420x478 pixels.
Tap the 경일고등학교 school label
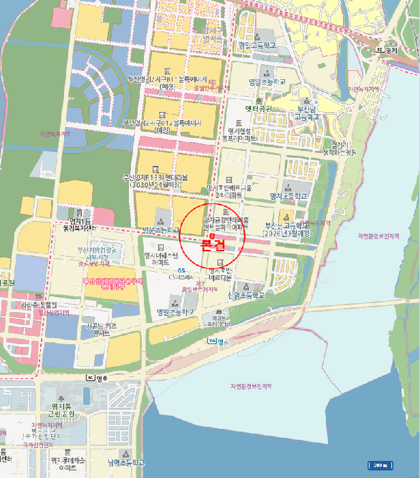(x=257, y=46)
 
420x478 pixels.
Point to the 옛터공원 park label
(x=258, y=109)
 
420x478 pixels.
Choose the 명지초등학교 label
(x=288, y=196)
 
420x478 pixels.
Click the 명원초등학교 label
(x=175, y=312)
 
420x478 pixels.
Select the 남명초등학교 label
(x=126, y=462)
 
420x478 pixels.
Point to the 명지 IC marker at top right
(x=387, y=50)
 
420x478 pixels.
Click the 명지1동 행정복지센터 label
(x=80, y=223)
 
